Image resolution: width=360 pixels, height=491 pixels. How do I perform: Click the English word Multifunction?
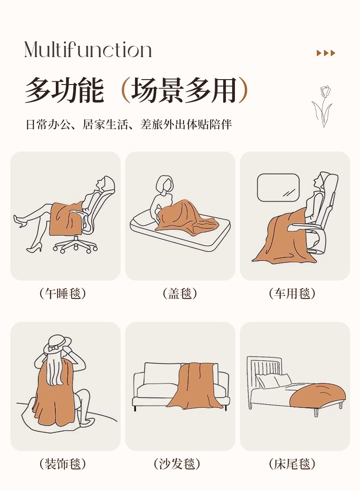pos(88,49)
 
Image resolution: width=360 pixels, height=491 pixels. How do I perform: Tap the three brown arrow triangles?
pos(326,53)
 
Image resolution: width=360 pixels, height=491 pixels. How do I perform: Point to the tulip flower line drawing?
pos(322,107)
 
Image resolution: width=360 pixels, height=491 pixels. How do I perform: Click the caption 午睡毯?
pos(63,294)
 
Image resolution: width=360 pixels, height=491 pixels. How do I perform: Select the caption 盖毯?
pos(180,294)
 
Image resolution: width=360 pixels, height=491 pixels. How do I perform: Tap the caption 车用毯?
pos(292,294)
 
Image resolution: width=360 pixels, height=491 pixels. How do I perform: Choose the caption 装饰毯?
pos(63,464)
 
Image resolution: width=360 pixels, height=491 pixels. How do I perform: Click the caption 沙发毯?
pos(177,464)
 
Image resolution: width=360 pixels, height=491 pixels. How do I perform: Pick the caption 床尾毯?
pos(292,464)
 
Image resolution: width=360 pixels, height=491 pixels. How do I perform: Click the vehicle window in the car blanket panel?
pos(278,187)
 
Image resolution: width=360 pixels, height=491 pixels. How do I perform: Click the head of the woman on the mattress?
pos(165,184)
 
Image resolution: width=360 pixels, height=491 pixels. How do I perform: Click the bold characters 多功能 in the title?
pos(64,90)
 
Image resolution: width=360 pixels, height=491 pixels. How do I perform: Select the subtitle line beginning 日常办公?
pos(128,124)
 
